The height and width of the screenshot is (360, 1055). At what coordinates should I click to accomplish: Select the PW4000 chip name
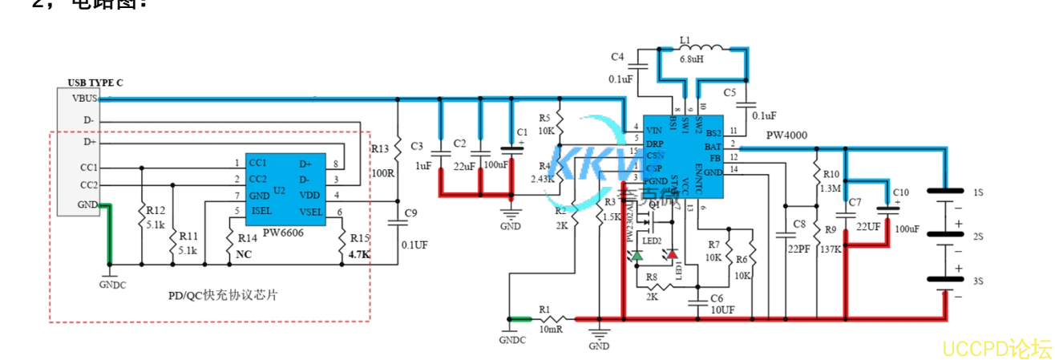[x=786, y=136]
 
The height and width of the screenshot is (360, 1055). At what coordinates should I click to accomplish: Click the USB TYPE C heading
[x=95, y=82]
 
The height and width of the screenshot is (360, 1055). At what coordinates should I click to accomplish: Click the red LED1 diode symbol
[x=672, y=255]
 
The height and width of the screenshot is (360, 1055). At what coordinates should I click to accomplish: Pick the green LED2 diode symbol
[x=637, y=255]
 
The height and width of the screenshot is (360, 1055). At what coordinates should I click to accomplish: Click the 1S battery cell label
[x=979, y=194]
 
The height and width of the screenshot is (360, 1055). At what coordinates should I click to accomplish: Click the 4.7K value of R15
[x=359, y=255]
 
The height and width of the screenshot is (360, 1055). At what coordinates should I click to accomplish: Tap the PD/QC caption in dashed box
[x=223, y=295]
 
